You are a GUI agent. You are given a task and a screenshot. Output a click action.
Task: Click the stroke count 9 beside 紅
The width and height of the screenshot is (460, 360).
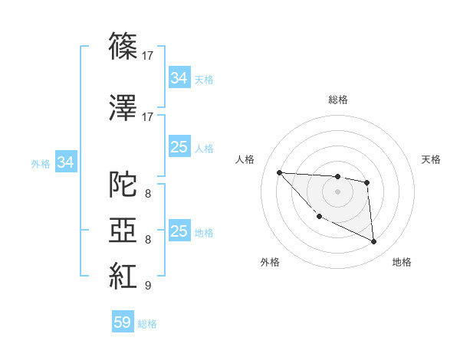pos(147,286)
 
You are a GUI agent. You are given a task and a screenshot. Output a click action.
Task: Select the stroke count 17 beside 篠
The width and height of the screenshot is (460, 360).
pos(148,56)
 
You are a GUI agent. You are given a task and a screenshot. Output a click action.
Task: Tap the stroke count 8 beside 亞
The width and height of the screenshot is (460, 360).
pos(147,240)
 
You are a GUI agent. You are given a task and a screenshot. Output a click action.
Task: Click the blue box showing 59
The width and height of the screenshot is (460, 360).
pos(123,322)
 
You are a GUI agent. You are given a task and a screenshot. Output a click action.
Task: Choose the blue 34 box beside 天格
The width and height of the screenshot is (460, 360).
pos(179,77)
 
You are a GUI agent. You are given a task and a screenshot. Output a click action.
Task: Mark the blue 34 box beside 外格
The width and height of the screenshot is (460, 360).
pos(66,162)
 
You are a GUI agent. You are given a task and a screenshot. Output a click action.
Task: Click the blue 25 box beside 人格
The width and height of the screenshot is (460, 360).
pos(179,147)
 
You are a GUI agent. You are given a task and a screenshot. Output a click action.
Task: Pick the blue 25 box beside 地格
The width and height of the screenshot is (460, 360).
pos(179,231)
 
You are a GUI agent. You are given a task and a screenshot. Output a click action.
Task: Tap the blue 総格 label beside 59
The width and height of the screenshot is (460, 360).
pos(147,324)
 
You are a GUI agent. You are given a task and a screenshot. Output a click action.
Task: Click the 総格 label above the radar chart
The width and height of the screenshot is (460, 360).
pos(337,100)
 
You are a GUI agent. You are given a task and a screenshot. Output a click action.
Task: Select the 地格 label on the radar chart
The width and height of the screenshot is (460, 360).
pos(402,262)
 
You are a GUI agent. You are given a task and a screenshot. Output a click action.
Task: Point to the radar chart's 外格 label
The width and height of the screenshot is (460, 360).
pos(270,262)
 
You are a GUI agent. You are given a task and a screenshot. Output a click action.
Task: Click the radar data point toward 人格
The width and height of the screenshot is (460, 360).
pos(279,172)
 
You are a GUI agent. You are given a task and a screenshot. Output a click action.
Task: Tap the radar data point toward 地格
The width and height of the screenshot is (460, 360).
pos(374,242)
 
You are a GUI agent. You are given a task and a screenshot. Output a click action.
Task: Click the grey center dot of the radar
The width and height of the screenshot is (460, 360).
pos(337,191)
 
